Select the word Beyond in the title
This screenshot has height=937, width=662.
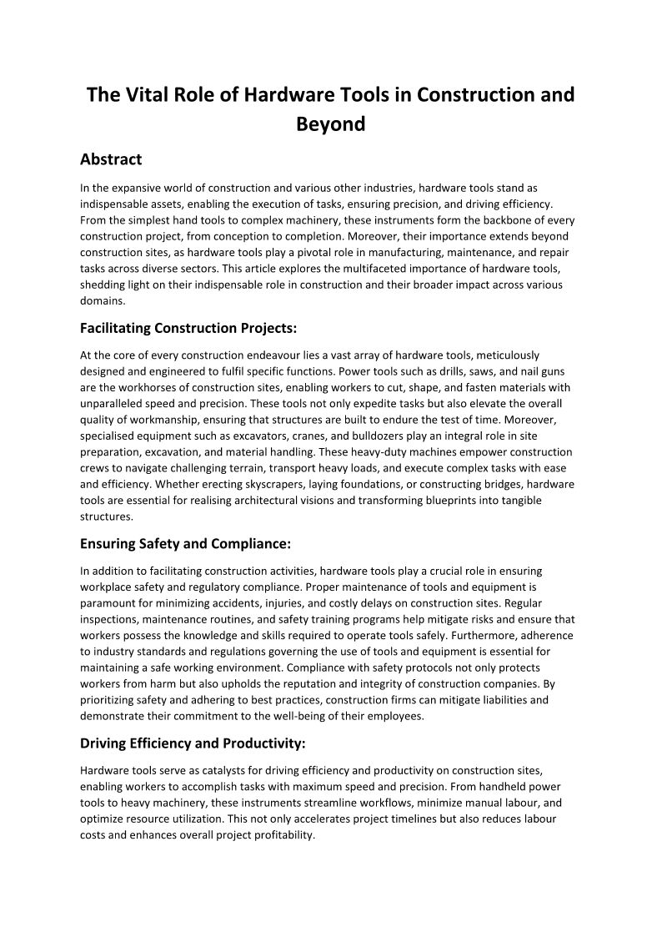point(331,124)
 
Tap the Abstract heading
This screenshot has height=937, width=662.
point(111,159)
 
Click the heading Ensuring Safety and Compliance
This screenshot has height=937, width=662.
point(185,544)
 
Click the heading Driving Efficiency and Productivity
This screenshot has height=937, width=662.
point(193,743)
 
